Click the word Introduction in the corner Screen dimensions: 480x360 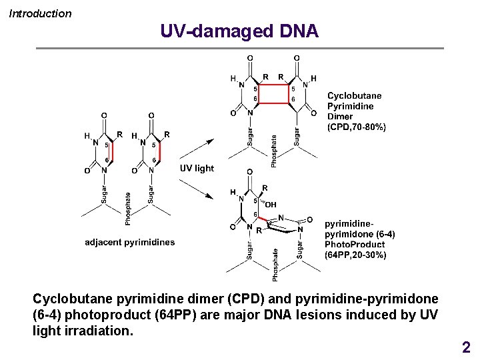40,14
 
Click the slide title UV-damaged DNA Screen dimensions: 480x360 239,31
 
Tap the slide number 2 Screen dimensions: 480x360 466,347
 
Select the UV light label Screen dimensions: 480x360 197,169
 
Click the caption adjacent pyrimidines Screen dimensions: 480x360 130,242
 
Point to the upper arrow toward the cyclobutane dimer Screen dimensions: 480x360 197,149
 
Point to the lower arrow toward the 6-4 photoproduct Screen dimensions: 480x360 197,189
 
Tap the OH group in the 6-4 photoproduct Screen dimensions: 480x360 271,205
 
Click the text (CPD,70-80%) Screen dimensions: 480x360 356,127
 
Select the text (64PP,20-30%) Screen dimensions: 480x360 355,255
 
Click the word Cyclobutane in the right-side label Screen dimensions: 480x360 355,95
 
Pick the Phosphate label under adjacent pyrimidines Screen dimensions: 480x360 127,209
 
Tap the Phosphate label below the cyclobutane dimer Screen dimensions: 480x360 274,151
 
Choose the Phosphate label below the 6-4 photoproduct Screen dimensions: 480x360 275,265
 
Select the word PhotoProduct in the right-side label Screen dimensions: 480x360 355,244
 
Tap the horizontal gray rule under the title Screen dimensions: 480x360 240,48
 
